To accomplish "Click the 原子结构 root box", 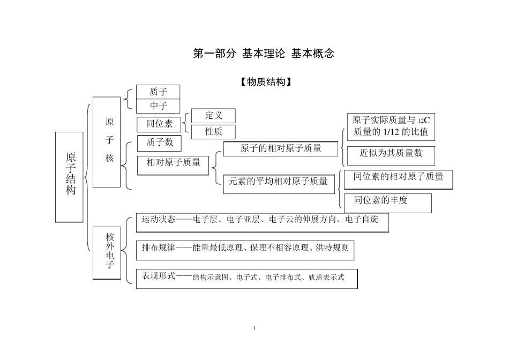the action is pyautogui.click(x=69, y=177).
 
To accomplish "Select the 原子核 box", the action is pyautogui.click(x=107, y=142).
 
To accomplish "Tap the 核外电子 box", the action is pyautogui.click(x=107, y=253).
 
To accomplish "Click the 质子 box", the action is pyautogui.click(x=158, y=92).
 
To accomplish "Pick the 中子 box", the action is pyautogui.click(x=158, y=106).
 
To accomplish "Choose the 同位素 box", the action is pyautogui.click(x=159, y=124).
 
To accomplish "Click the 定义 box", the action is pyautogui.click(x=213, y=116).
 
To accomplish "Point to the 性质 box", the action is pyautogui.click(x=213, y=132).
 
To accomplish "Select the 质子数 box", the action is pyautogui.click(x=159, y=143).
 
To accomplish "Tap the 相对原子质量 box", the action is pyautogui.click(x=173, y=166).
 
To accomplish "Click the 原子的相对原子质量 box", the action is pyautogui.click(x=281, y=149).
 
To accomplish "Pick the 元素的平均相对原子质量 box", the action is pyautogui.click(x=279, y=184).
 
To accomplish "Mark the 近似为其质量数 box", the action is pyautogui.click(x=391, y=156).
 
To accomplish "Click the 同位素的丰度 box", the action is pyautogui.click(x=388, y=203).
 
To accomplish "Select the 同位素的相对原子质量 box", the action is pyautogui.click(x=398, y=179).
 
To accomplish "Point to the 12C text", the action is pyautogui.click(x=424, y=121).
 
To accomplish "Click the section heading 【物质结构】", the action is pyautogui.click(x=266, y=82).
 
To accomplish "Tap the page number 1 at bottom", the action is pyautogui.click(x=254, y=328).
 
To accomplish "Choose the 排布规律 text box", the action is pyautogui.click(x=245, y=250).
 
